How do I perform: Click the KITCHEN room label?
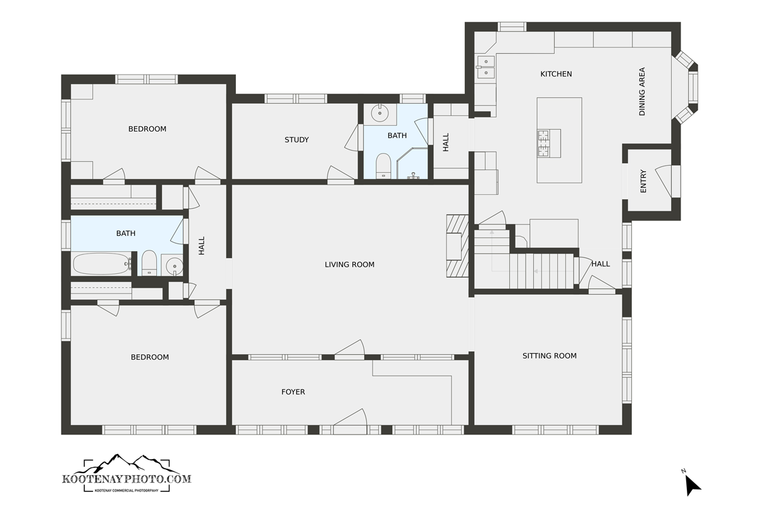pos(556,74)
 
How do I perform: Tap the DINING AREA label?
pos(642,92)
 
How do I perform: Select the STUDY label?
pos(297,140)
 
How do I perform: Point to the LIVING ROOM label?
pos(349,264)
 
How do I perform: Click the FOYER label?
pos(293,392)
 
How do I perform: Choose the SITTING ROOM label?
pos(549,356)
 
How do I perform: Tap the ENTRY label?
pos(643,182)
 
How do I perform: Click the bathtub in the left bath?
pos(102,264)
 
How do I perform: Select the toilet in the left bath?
pos(149,263)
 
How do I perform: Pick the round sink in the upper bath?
pos(379,113)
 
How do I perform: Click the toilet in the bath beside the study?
pos(383,166)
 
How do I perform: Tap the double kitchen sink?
pos(486,67)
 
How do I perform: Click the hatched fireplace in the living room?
pos(457,246)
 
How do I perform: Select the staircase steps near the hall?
pos(541,271)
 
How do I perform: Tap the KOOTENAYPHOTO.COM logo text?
pos(126,479)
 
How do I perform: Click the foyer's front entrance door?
pos(350,422)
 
